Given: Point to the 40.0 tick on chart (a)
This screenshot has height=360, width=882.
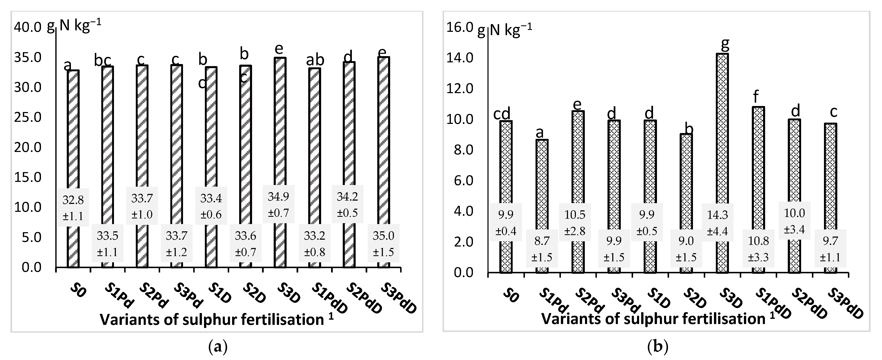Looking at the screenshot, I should tap(27, 27).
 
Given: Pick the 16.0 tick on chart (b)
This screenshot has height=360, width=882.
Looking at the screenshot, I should tap(459, 27).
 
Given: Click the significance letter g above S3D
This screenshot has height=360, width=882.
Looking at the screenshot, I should tap(725, 44).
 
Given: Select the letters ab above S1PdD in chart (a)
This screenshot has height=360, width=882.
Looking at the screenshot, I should tap(315, 60).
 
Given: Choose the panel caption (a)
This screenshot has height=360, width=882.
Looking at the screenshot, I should tap(217, 347).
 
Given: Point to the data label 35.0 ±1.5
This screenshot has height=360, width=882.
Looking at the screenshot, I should tap(383, 244).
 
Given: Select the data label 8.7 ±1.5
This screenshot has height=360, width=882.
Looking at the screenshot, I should tap(542, 249).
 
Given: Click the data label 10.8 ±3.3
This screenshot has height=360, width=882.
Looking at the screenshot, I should tap(758, 249).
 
